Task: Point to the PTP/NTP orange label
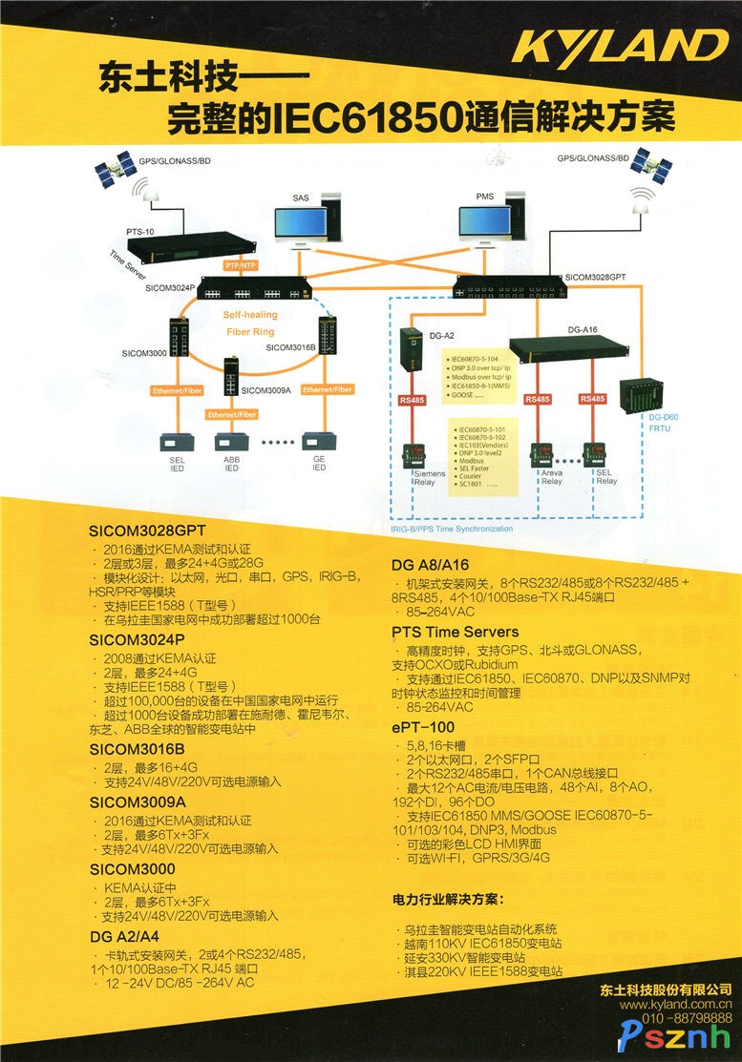point(240,264)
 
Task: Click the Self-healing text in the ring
point(250,314)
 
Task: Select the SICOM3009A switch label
point(266,389)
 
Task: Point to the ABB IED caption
point(231,463)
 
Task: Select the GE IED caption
point(318,463)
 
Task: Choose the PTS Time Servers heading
point(456,632)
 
